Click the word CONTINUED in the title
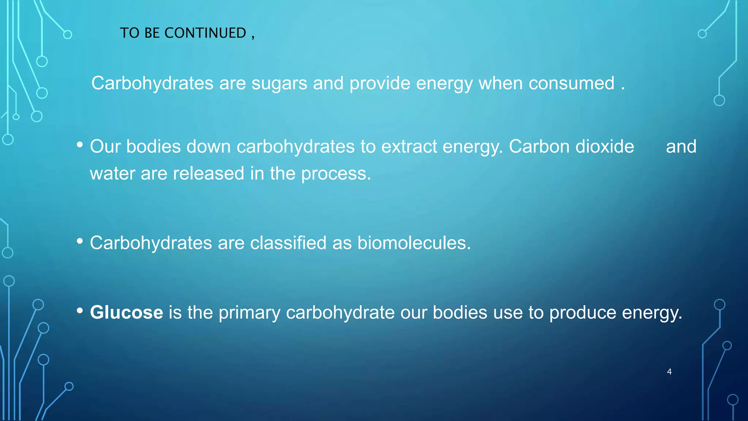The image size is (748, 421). tap(205, 33)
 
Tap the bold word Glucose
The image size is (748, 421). tap(126, 312)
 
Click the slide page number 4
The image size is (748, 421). tap(669, 372)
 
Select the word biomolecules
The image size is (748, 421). tap(414, 243)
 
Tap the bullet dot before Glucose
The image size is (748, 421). tap(80, 311)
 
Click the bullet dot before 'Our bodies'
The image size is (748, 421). tap(80, 145)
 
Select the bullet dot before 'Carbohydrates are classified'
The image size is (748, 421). tap(80, 241)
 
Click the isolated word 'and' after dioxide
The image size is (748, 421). tap(681, 147)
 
